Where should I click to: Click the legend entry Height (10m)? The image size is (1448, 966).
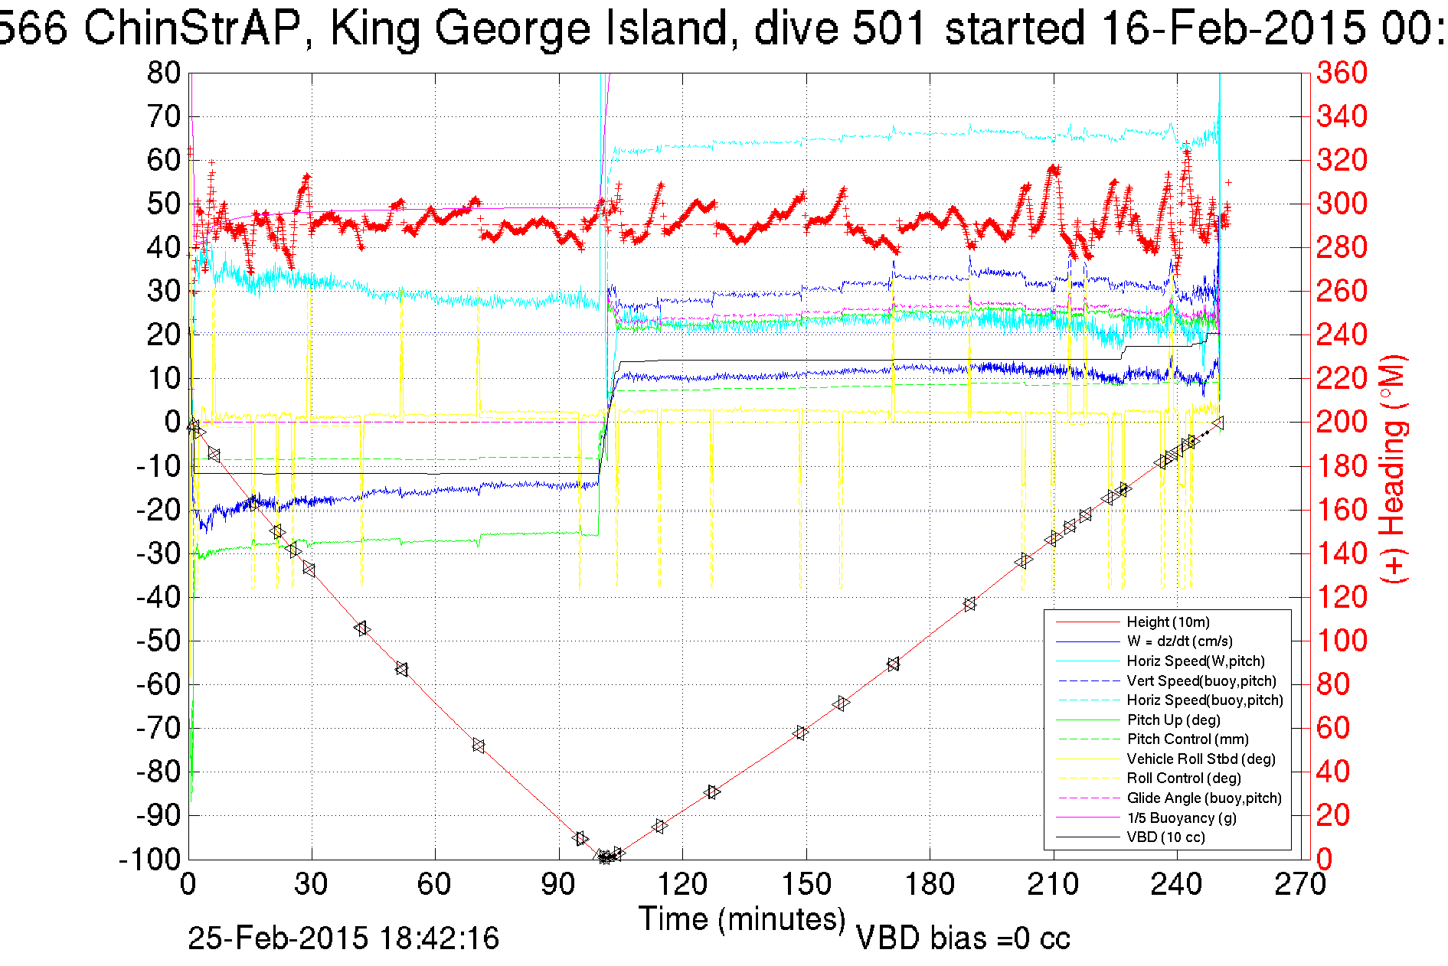coord(1168,622)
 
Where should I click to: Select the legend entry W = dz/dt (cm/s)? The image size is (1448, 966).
coord(1179,641)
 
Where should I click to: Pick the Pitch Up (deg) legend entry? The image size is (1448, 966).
coord(1173,720)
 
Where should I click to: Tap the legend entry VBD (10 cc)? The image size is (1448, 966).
coord(1165,837)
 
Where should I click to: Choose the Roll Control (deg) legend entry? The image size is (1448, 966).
coord(1183,778)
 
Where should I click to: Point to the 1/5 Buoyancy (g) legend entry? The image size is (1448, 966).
coord(1181,818)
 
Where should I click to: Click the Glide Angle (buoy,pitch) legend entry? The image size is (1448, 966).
coord(1204,798)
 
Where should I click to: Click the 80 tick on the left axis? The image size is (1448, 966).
coord(163,73)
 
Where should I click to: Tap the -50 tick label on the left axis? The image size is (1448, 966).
coord(157,641)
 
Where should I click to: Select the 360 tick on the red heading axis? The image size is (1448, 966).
coord(1342,73)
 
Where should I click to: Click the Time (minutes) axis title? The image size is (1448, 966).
coord(742,919)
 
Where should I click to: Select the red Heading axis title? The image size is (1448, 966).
coord(1394,468)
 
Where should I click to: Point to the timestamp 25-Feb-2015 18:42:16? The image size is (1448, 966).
coord(343,938)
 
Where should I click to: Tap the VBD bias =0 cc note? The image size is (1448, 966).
coord(963,938)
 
